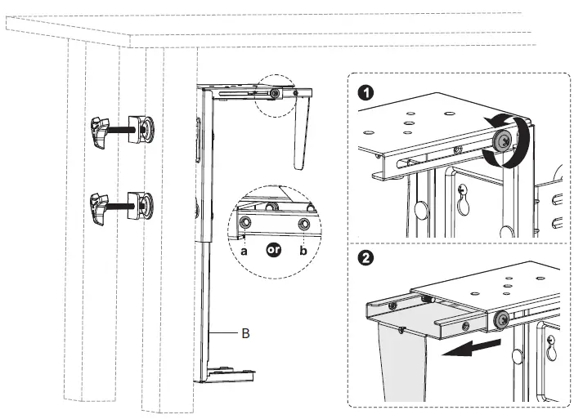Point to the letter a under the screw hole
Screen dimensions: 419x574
pos(244,251)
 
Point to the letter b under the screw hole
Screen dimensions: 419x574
pos(304,251)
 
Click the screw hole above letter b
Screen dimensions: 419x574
pos(304,223)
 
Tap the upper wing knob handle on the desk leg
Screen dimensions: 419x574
pos(100,131)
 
